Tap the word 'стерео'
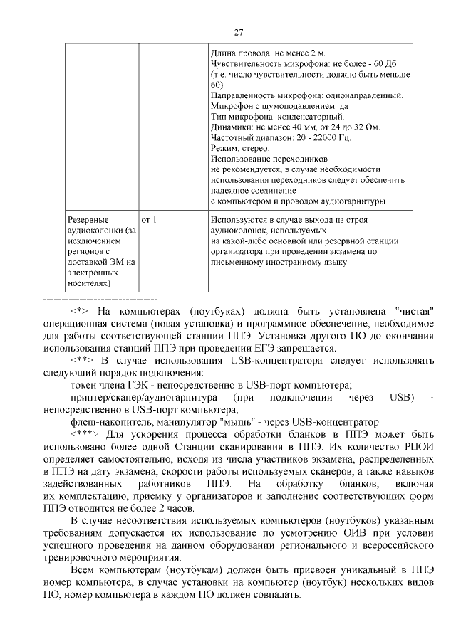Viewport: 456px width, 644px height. [x=254, y=148]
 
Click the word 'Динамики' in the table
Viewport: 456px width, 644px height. [x=232, y=127]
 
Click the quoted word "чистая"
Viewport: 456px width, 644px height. [x=412, y=312]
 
